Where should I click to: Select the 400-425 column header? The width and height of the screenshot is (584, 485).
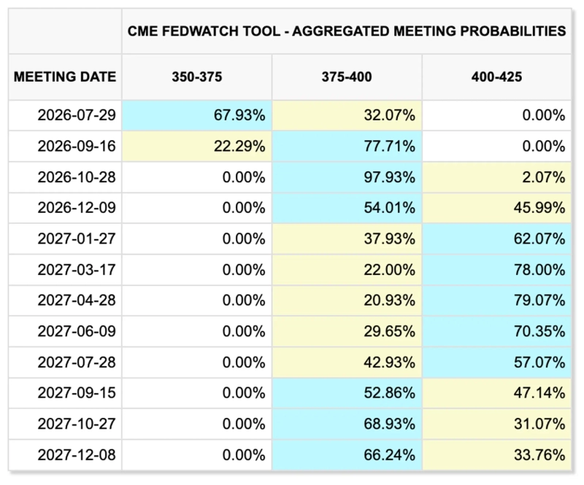(496, 77)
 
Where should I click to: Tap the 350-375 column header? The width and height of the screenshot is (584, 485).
(196, 77)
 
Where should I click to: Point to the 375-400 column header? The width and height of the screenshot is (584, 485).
(347, 77)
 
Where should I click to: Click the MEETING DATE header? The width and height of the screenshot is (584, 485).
(65, 77)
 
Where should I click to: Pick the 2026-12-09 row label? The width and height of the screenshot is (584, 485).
(77, 208)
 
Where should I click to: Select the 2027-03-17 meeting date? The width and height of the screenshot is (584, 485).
(77, 270)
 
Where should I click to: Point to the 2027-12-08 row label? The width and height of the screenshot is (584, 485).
(77, 455)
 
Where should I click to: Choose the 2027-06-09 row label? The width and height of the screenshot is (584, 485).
(77, 331)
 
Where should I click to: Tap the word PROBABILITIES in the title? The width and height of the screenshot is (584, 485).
(513, 31)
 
